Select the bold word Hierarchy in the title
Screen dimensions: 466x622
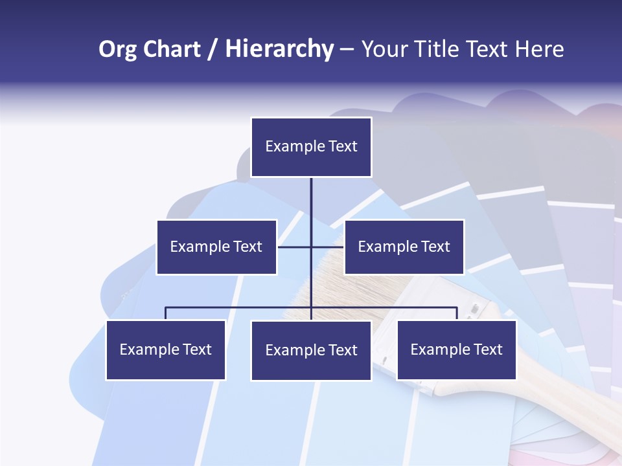(279, 49)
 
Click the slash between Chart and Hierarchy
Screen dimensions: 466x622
(213, 50)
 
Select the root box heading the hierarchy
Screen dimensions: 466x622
(311, 147)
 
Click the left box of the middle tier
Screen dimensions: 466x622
(216, 247)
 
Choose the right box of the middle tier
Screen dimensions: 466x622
(404, 247)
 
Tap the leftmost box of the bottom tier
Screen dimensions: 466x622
(165, 349)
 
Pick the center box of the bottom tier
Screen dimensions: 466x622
(311, 350)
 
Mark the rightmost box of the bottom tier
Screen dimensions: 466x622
(456, 349)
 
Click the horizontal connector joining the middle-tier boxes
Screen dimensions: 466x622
(295, 247)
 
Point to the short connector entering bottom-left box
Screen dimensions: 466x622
(165, 313)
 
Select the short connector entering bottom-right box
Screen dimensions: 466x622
(457, 313)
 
